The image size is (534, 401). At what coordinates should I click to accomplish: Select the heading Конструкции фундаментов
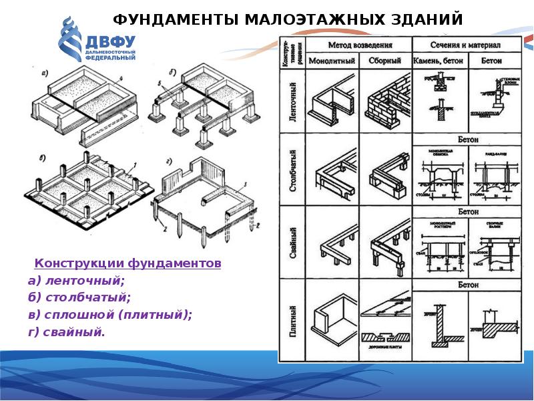[127, 264]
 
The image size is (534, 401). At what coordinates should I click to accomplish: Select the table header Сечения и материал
[467, 45]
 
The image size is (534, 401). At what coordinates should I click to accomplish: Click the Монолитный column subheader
[331, 61]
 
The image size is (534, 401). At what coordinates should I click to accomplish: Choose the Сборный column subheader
[385, 61]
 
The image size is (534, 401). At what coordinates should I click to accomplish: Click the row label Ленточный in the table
[292, 101]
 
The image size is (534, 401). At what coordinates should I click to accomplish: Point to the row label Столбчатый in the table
[292, 173]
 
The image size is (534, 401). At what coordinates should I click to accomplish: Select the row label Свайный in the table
[292, 245]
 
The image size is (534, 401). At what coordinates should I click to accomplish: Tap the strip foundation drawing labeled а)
[83, 107]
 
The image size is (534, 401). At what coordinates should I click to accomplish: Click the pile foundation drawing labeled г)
[207, 197]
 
